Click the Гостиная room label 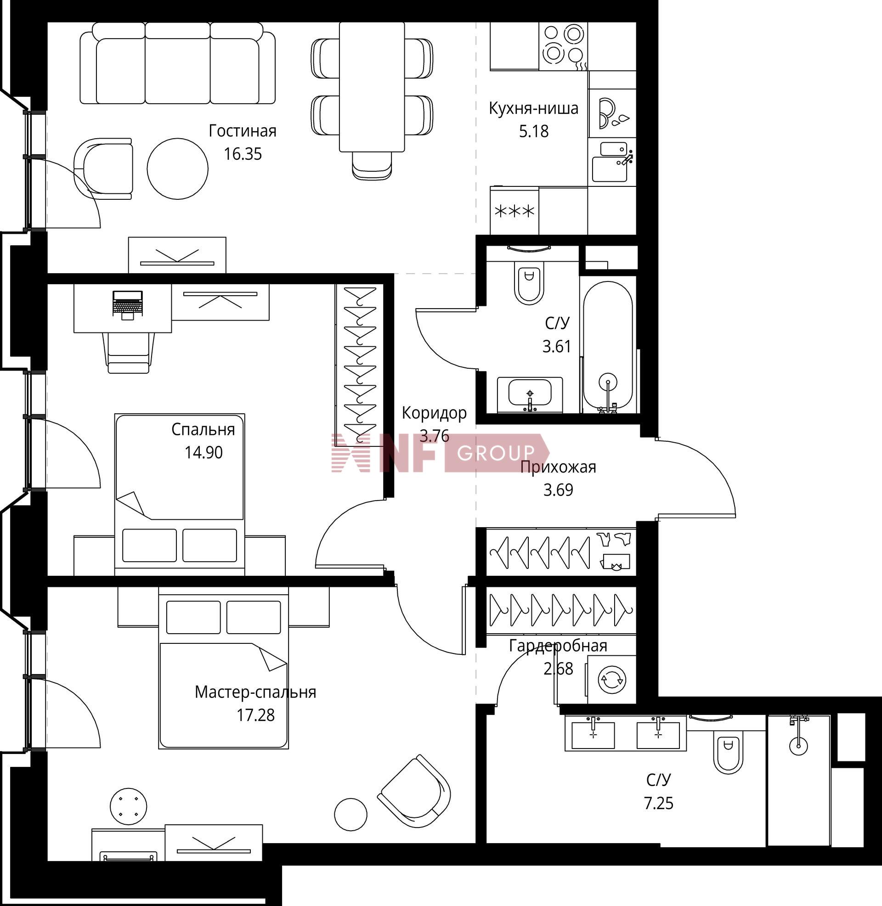pyautogui.click(x=242, y=131)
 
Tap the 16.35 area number pyautogui.click(x=243, y=154)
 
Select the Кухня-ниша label pyautogui.click(x=534, y=109)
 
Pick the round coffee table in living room pyautogui.click(x=177, y=169)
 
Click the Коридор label pyautogui.click(x=434, y=413)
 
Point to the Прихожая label pyautogui.click(x=558, y=467)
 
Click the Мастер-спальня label pyautogui.click(x=255, y=692)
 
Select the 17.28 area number pyautogui.click(x=256, y=715)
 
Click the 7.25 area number pyautogui.click(x=658, y=803)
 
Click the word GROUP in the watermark pyautogui.click(x=496, y=453)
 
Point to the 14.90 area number pyautogui.click(x=204, y=452)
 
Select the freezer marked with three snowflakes pyautogui.click(x=514, y=211)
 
